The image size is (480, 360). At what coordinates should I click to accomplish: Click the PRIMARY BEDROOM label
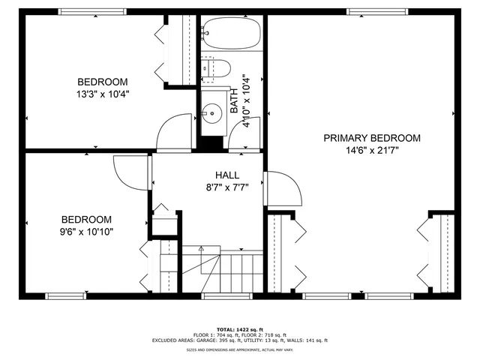point(371,138)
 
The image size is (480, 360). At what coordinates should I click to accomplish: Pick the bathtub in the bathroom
point(231,33)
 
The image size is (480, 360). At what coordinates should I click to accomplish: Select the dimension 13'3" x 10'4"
point(102,94)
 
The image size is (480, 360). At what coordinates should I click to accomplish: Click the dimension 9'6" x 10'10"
point(86,231)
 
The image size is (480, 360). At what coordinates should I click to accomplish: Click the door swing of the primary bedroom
point(283,188)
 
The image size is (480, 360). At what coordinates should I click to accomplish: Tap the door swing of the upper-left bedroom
point(175,132)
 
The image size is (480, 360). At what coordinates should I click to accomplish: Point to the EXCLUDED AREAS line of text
point(239,340)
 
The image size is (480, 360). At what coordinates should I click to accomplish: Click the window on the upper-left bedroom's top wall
point(91,11)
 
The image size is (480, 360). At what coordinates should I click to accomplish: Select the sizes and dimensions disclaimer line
point(239,350)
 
